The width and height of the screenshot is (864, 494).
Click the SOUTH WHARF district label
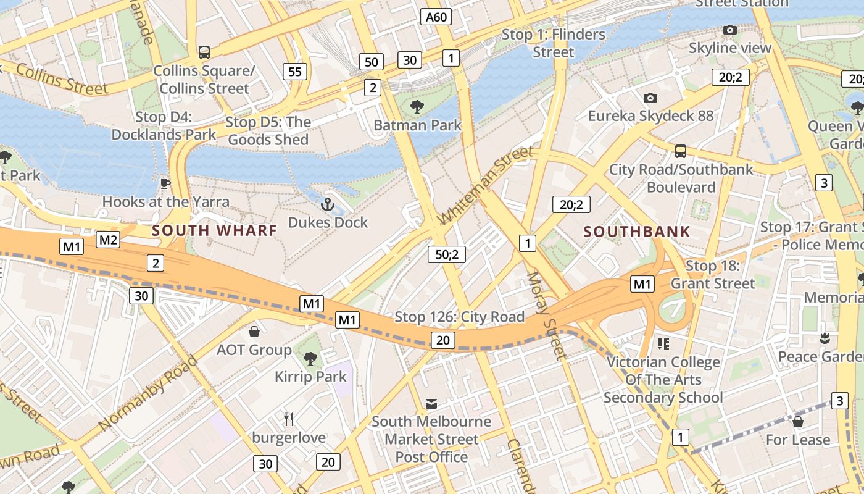[214, 231]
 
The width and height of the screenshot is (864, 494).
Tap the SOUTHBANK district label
[637, 232]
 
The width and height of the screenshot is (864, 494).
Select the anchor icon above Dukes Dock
[328, 204]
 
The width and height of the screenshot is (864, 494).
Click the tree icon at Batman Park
[417, 107]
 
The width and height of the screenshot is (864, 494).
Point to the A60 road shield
[436, 17]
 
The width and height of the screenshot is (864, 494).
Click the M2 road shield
[108, 240]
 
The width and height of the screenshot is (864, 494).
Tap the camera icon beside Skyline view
[730, 30]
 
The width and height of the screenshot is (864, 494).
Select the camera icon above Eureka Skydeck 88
[650, 98]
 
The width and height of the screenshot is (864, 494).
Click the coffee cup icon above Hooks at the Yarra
[165, 183]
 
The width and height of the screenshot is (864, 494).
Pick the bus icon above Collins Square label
[204, 52]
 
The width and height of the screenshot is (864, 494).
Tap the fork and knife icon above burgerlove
[289, 419]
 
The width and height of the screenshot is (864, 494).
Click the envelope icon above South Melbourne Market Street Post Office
[431, 404]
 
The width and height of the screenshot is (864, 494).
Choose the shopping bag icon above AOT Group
[254, 332]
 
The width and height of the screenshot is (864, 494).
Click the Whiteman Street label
[484, 185]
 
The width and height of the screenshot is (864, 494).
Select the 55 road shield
[295, 72]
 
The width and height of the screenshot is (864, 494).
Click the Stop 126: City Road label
[459, 317]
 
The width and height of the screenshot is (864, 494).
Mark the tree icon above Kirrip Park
[310, 358]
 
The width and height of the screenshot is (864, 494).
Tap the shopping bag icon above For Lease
[797, 422]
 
